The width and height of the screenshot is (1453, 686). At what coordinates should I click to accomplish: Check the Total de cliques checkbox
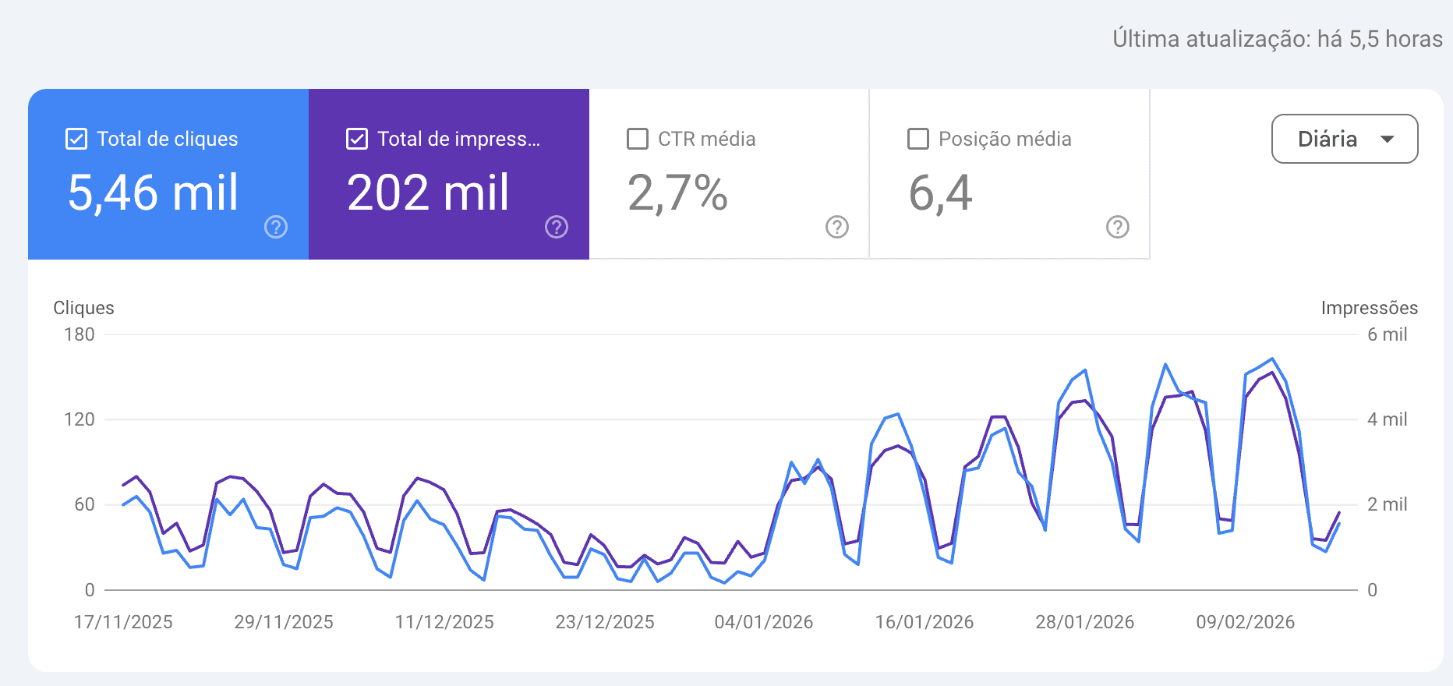coord(76,140)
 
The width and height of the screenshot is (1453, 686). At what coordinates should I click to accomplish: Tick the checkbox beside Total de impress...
coord(357,140)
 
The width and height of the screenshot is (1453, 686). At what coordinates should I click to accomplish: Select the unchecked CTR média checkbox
coord(638,140)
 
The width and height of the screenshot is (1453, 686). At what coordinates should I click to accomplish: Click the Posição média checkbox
coord(918,140)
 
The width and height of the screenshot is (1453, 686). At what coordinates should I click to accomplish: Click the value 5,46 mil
coord(153,193)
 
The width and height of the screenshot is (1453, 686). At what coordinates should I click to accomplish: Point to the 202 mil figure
coord(428,193)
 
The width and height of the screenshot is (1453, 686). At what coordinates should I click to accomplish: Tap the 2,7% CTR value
coord(677,193)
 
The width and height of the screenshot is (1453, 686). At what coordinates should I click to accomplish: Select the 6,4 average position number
coord(940,193)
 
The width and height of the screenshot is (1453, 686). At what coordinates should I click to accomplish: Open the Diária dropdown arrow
coord(1387,140)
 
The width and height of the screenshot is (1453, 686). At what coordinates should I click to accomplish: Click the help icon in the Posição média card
coord(1118,227)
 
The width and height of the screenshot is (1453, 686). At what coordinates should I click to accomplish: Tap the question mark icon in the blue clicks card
coord(276,227)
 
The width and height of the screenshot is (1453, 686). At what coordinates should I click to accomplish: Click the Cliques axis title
coord(83,308)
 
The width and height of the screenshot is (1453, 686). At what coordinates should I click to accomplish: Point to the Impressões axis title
coord(1369,308)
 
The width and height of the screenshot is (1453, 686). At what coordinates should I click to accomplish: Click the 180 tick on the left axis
coord(79,334)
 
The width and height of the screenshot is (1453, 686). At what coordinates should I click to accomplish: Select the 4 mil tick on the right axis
coord(1387,419)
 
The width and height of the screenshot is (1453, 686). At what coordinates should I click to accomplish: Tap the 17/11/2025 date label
coord(123,622)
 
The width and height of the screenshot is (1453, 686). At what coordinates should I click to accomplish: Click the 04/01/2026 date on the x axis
coord(764,622)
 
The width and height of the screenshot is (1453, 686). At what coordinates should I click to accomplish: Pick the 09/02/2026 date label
coord(1245,622)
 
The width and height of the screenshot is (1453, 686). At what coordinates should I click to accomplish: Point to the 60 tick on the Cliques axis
coord(84,504)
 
